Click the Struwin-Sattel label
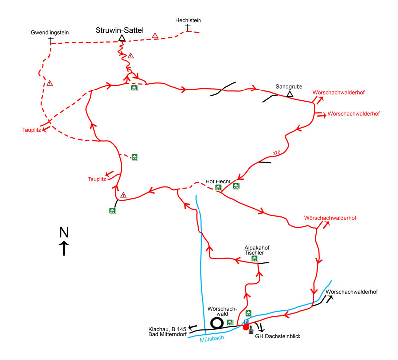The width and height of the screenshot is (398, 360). [119, 30]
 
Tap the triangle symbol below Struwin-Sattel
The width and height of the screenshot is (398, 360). [121, 38]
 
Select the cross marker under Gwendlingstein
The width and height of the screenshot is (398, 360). [51, 40]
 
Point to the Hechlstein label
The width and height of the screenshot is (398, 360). [188, 20]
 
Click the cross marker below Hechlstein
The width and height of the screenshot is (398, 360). [188, 28]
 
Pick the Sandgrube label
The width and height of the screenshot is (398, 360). [289, 86]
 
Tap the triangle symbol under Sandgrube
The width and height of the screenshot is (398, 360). [290, 93]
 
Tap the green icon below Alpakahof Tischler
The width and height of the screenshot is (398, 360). [255, 259]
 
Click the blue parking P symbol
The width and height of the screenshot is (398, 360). [246, 322]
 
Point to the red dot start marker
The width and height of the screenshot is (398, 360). [246, 327]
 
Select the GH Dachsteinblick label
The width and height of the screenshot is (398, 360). [278, 337]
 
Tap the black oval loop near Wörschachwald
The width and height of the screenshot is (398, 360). [217, 323]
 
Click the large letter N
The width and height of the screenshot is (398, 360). [64, 232]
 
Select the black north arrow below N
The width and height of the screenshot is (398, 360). [64, 248]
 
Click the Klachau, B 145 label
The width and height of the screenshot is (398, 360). [167, 329]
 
